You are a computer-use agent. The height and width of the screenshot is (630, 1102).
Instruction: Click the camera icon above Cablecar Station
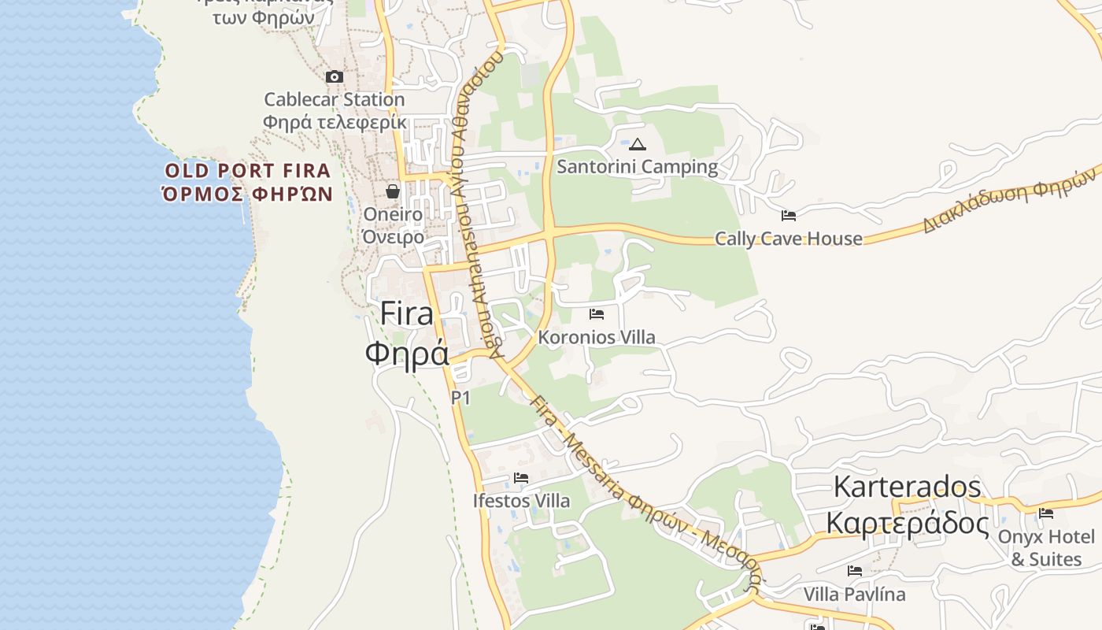335,76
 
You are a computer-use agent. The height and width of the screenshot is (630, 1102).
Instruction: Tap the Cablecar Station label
334,100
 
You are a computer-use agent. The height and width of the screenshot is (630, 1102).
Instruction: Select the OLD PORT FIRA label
247,171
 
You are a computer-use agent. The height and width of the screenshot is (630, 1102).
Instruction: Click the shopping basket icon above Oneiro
393,191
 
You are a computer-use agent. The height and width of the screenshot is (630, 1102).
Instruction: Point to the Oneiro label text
393,214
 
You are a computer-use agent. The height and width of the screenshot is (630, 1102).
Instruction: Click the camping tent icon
637,144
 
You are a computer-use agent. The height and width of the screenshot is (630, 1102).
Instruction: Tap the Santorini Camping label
638,167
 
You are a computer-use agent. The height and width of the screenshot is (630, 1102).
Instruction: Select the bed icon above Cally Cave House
789,216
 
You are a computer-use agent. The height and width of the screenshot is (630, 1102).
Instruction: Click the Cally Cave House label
788,239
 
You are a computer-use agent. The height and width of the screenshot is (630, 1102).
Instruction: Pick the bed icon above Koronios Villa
597,314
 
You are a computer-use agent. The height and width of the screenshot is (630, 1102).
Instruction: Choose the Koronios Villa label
597,337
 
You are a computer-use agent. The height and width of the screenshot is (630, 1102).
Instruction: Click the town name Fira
406,313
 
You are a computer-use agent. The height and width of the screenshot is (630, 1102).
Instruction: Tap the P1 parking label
460,398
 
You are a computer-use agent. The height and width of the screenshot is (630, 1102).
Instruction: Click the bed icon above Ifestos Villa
521,477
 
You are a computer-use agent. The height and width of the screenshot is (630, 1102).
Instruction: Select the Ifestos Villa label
521,500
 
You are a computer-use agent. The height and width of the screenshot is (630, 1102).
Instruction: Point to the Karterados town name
907,487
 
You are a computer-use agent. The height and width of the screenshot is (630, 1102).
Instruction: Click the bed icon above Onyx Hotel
1046,513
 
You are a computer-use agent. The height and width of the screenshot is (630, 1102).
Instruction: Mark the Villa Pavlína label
854,594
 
